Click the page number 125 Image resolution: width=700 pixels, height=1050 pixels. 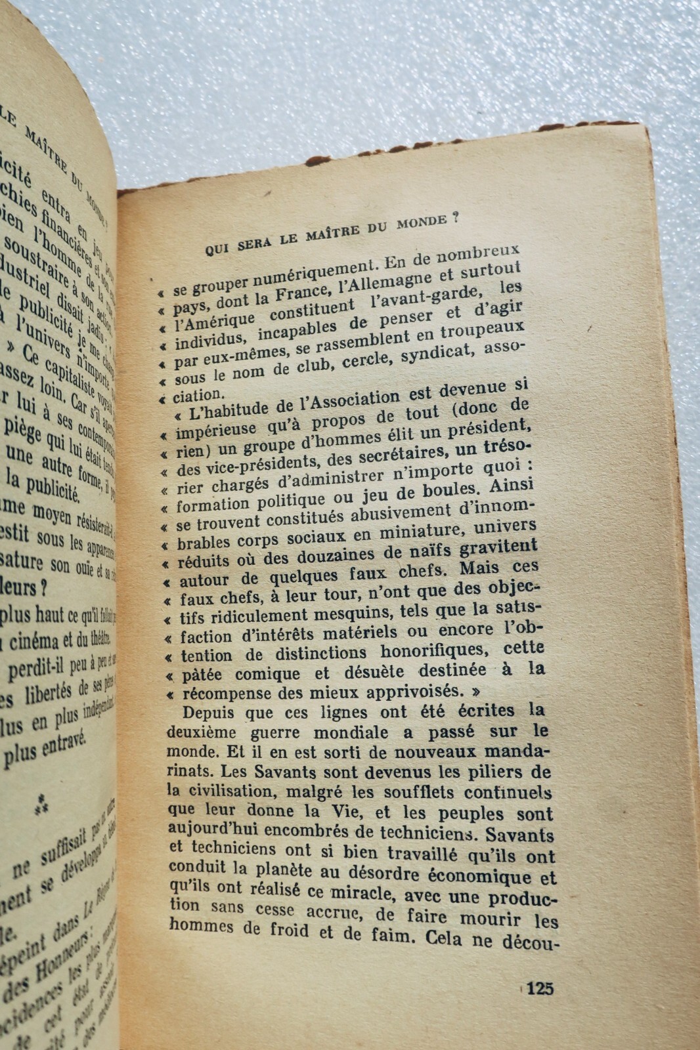point(540,988)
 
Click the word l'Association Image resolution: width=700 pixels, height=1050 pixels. point(348,400)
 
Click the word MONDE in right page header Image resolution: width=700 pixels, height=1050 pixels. point(421,224)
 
